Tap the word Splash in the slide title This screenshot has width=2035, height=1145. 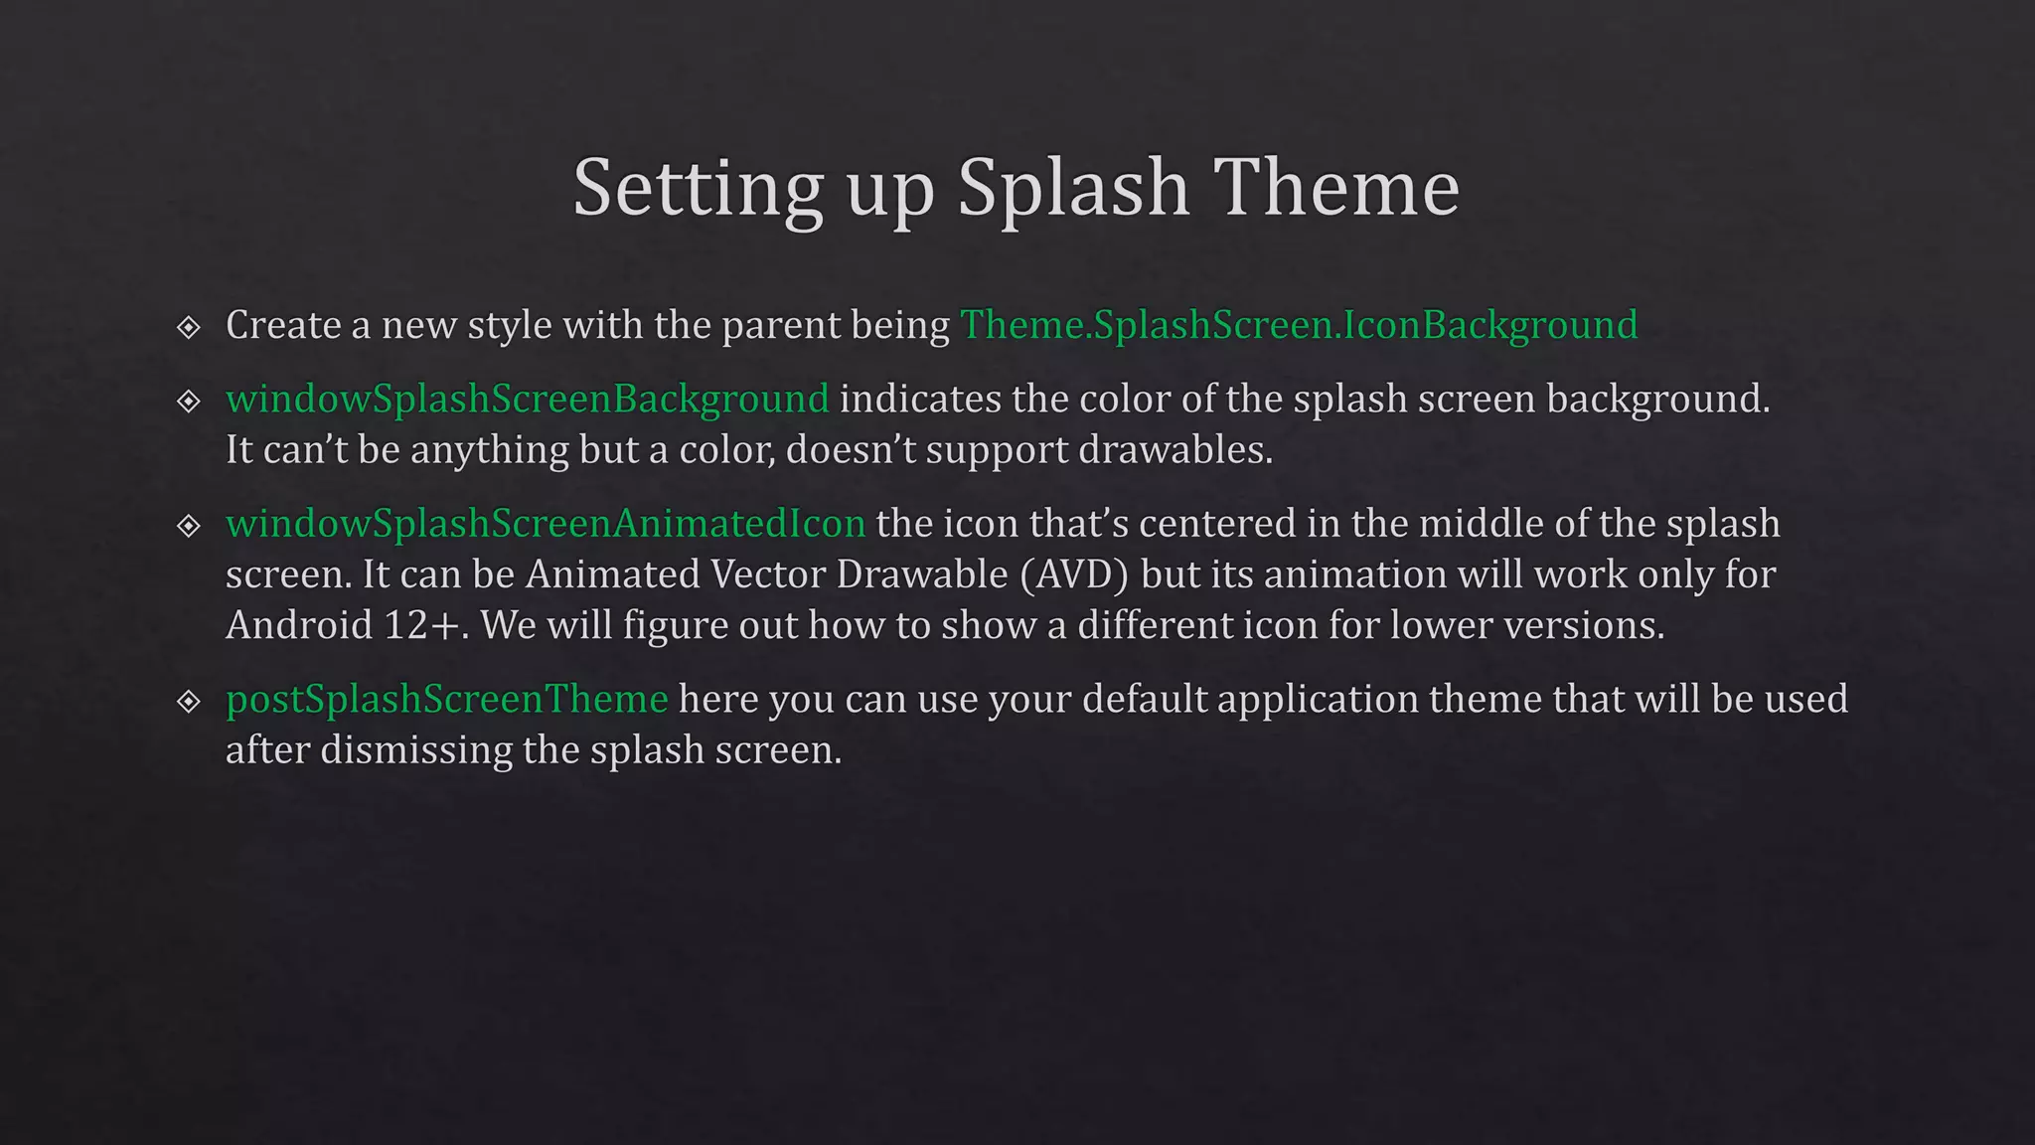(1073, 189)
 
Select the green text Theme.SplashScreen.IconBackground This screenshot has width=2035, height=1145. (1298, 325)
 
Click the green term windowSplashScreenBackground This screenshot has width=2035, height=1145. (527, 399)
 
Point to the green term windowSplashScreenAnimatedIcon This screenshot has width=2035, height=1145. (546, 524)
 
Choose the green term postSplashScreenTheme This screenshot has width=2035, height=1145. (446, 699)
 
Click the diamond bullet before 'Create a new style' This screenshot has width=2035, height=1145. (189, 327)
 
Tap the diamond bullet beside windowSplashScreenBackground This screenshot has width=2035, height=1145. (189, 401)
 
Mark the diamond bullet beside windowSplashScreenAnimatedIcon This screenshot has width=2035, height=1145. (189, 525)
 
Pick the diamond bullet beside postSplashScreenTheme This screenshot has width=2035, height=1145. (189, 702)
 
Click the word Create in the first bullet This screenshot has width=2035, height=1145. (283, 325)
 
